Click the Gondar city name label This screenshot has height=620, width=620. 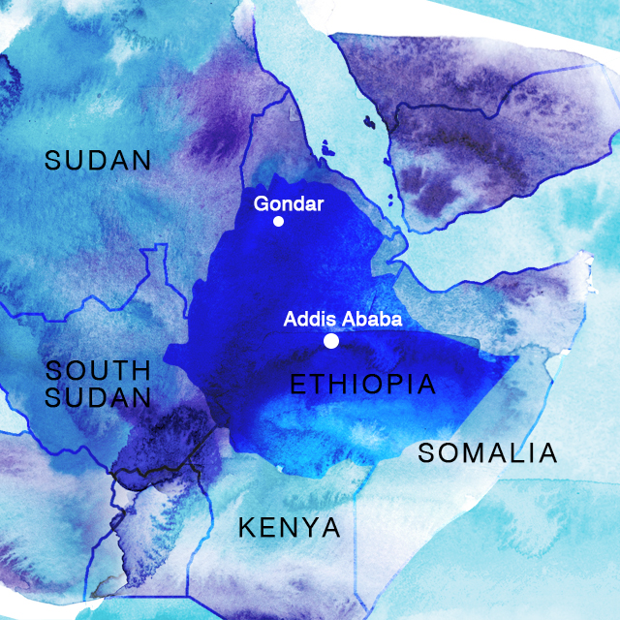288,203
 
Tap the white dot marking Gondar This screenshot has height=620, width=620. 279,222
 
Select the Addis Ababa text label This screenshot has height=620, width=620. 342,319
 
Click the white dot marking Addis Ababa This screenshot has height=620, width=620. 331,341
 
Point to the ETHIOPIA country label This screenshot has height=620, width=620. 363,385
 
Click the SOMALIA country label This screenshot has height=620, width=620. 487,452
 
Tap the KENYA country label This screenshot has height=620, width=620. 290,528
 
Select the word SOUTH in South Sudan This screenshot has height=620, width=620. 98,370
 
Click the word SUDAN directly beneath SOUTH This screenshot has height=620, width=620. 98,397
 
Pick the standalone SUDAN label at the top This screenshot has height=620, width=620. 98,161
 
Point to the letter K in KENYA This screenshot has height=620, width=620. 247,528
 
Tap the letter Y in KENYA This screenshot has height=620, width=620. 310,528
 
